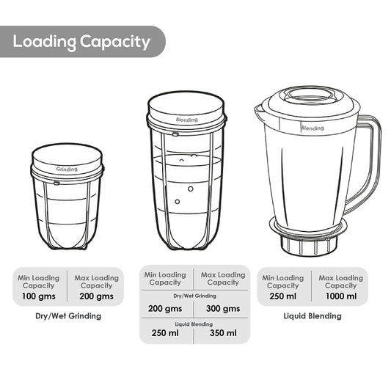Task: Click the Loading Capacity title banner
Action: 82,42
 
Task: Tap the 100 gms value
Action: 39,296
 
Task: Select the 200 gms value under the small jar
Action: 97,296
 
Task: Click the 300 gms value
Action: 223,309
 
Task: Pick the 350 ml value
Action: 223,333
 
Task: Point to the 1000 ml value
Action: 341,296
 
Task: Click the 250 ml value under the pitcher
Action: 282,296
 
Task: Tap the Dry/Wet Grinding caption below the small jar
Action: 68,316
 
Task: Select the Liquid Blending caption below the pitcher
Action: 313,316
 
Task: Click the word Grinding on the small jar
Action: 67,169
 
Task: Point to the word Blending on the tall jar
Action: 187,120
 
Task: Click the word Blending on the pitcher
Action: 313,128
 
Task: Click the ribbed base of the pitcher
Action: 310,245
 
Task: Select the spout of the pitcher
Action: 259,111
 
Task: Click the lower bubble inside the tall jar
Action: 178,202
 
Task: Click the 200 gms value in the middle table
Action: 165,309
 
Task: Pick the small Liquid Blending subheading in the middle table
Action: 194,324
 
